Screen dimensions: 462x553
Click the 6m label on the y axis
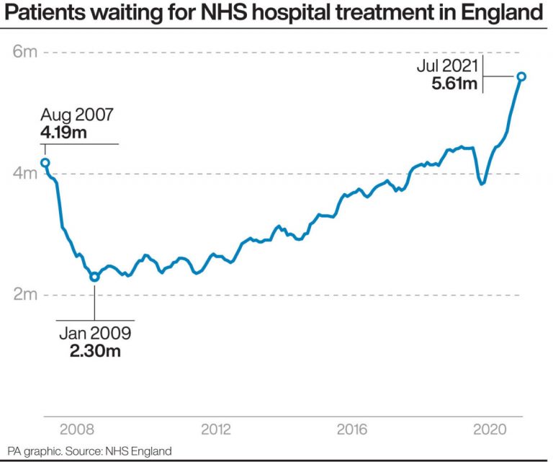pos(24,53)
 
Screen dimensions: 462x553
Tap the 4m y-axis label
pos(24,174)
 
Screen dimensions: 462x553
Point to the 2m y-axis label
pos(24,295)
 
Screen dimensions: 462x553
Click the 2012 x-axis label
pos(216,430)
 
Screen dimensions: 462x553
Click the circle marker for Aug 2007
pos(45,163)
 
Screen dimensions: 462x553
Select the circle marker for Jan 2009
pos(94,277)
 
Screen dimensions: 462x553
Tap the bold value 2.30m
pos(95,351)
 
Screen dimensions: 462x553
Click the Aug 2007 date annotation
pos(77,115)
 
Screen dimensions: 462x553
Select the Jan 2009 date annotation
pos(95,334)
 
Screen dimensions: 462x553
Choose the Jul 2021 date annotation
pos(446,66)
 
